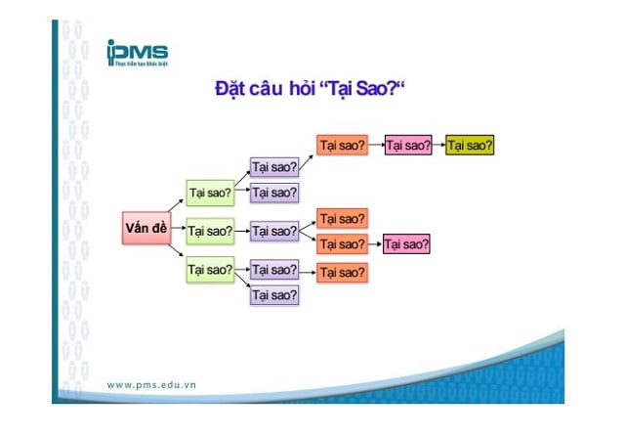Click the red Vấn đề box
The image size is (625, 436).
coord(146,229)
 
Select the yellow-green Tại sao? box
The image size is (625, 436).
coord(470,145)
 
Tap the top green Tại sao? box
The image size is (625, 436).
coord(210,192)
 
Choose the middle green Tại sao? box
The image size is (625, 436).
coord(210,232)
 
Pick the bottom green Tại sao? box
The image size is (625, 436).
coord(210,269)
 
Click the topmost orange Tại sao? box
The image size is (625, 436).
coord(341,145)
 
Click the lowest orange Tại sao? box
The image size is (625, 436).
coord(341,272)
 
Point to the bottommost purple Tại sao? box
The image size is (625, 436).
coord(273,294)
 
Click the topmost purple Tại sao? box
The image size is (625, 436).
coord(273,167)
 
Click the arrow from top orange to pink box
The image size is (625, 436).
coord(375,145)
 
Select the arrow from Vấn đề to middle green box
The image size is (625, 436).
coord(176,231)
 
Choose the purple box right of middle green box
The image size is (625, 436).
coord(273,232)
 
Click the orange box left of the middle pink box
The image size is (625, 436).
coord(341,243)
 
